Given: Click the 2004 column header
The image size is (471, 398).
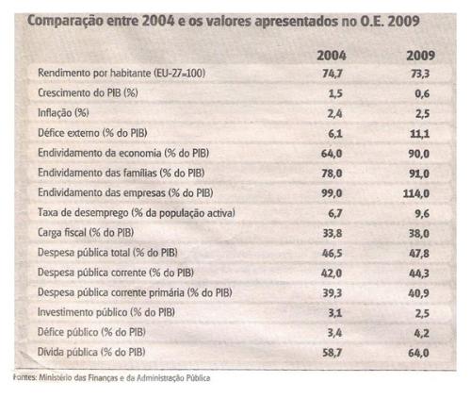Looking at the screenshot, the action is click(332, 56).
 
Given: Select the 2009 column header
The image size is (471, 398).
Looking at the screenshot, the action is click(420, 56).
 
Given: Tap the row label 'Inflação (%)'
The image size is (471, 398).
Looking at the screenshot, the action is click(63, 112).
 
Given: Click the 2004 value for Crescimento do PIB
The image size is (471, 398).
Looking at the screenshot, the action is click(334, 93).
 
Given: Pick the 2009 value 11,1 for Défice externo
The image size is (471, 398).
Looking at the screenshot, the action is click(419, 134).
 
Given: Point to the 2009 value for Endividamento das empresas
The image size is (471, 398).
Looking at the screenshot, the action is click(416, 193).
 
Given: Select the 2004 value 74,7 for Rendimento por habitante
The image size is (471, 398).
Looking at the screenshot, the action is click(333, 74).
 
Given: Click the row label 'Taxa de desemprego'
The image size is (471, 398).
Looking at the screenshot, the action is click(83, 213).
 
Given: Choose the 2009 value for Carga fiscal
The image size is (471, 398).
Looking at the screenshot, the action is click(419, 233).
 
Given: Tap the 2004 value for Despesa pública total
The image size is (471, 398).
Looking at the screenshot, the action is click(332, 253).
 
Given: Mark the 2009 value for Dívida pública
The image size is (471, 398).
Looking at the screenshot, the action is click(418, 353).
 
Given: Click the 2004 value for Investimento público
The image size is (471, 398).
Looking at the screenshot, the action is click(334, 313).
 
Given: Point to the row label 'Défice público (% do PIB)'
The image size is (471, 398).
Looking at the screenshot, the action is click(91, 332).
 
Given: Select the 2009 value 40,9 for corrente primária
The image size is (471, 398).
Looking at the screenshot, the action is click(418, 293).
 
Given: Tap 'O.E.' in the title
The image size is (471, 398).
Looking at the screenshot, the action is click(371, 21).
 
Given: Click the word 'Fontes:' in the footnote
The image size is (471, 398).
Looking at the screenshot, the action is click(25, 377).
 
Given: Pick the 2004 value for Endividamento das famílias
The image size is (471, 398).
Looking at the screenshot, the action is click(332, 174).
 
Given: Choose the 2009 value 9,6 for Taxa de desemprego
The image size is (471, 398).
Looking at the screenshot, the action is click(422, 213).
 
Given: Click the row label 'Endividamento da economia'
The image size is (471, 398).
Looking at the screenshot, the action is click(100, 153).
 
